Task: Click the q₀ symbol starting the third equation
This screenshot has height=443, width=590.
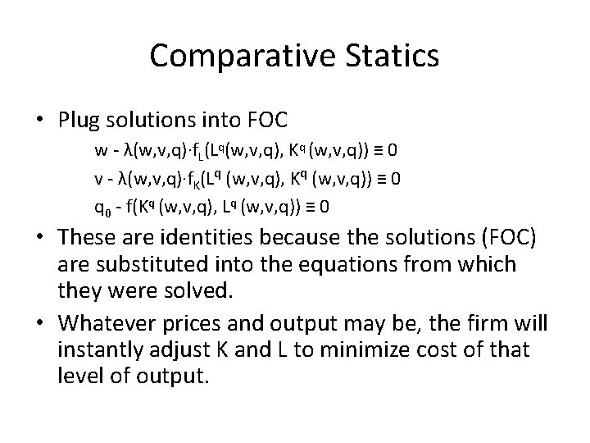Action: point(102,207)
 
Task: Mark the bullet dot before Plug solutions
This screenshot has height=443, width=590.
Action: point(43,120)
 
